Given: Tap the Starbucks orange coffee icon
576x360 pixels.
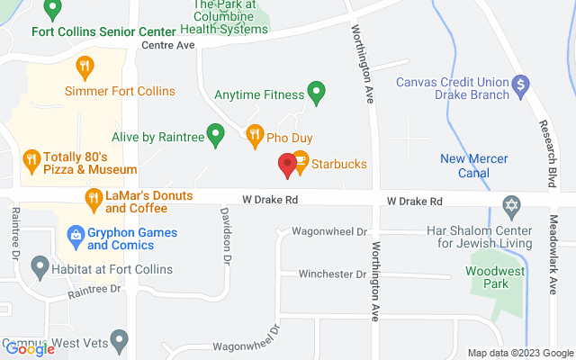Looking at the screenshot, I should (301, 161).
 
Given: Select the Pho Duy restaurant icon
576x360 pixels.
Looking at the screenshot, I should (254, 134).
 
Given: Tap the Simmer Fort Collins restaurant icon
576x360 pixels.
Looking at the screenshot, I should (85, 65).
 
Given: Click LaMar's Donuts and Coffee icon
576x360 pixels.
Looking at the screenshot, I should (94, 198).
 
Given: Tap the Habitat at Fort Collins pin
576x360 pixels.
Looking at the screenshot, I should (39, 265).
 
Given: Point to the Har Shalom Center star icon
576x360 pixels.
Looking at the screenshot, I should (512, 206).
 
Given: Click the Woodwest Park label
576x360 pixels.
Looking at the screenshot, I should (493, 276).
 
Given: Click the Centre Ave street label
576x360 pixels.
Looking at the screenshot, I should (167, 43).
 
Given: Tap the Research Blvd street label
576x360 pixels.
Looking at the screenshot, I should (544, 144).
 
